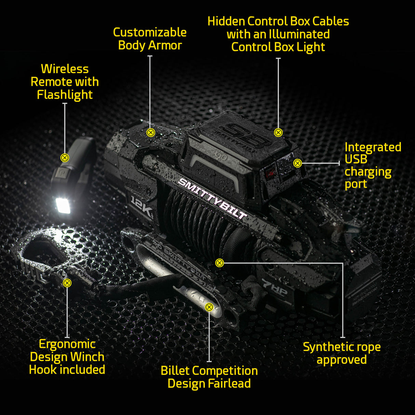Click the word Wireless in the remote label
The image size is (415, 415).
[x=65, y=69]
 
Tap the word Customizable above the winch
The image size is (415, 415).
[x=150, y=32]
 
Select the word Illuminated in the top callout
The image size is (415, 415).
[x=299, y=34]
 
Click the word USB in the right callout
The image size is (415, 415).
[x=356, y=159]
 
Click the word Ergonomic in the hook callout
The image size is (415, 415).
[x=67, y=344]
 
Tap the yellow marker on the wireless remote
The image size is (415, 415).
[x=65, y=158]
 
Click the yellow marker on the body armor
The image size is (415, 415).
[x=150, y=132]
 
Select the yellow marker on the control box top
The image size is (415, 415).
[x=278, y=132]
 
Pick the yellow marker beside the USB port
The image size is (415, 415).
[x=297, y=163]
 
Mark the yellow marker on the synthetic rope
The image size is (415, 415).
[x=219, y=263]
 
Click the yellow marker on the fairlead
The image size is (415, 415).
[x=209, y=307]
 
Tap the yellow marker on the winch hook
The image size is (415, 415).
[x=67, y=283]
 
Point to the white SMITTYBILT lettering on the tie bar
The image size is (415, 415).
[x=212, y=199]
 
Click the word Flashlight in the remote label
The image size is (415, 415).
[x=65, y=95]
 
